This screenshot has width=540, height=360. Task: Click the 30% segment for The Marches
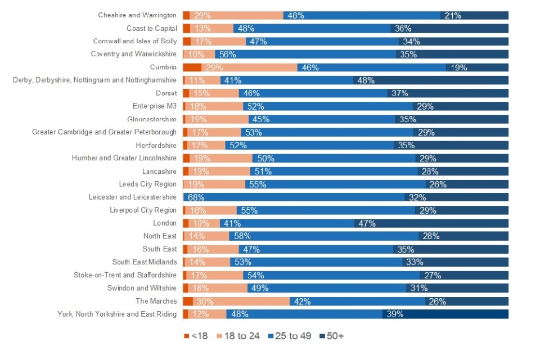coord(241,301)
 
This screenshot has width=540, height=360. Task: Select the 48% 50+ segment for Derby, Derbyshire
coord(431,80)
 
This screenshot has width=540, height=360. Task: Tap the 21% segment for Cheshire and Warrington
coord(474,16)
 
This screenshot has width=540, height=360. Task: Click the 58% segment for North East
coord(323,236)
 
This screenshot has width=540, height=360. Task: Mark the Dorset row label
coord(166,93)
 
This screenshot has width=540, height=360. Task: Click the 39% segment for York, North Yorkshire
coord(445,314)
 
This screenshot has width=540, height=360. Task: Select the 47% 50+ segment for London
coord(431,223)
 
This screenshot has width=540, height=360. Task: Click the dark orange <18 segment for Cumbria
coord(192,67)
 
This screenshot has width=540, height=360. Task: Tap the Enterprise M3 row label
coord(155,106)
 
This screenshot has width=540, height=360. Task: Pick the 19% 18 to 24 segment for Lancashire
coord(220,172)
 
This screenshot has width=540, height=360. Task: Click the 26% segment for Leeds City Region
coord(467,184)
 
